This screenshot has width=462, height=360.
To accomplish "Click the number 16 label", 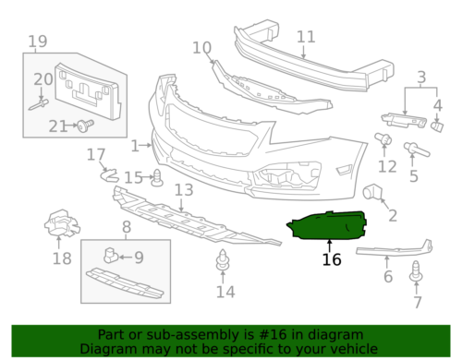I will click(331, 260).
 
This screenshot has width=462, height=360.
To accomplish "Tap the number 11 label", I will click(306, 37).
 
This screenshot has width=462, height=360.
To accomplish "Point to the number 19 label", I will click(37, 42).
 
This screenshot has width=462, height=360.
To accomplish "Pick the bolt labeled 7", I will click(417, 273).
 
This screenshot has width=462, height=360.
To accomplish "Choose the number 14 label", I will click(225, 293).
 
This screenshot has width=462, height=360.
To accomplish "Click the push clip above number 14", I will click(223, 260).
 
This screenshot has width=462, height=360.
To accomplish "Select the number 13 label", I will click(183, 190).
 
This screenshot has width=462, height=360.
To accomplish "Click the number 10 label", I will click(201, 48).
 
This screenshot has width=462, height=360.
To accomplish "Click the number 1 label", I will click(136, 145).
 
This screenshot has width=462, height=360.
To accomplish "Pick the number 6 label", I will click(388, 276).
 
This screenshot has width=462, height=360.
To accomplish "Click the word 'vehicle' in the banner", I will click(354, 350).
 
